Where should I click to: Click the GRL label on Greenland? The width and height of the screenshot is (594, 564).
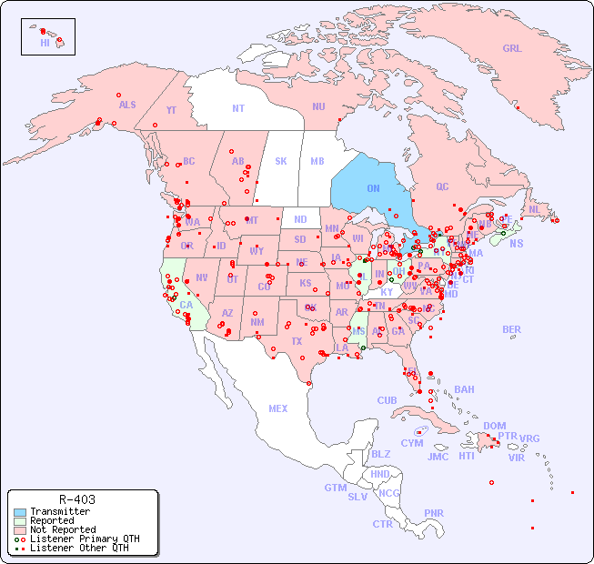click(512, 48)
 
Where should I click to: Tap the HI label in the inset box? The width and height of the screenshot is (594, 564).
click(45, 42)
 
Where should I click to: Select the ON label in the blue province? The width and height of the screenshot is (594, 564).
click(373, 188)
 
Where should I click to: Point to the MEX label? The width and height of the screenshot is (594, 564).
click(278, 408)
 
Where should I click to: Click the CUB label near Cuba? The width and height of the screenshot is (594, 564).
click(387, 400)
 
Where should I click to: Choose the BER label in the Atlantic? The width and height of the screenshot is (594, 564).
click(511, 329)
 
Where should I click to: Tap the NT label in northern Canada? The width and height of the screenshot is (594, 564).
click(238, 108)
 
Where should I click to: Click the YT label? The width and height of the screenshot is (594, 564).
click(171, 110)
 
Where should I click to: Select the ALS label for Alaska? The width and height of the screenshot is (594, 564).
click(127, 105)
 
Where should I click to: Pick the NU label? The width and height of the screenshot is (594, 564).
click(318, 106)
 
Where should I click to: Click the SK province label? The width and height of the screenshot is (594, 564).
click(281, 161)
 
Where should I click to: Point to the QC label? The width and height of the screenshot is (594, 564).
click(442, 186)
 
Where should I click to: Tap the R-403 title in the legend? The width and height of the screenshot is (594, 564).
click(76, 499)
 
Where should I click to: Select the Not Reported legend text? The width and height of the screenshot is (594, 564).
click(63, 529)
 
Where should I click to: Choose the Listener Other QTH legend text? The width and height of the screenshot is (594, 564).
click(78, 548)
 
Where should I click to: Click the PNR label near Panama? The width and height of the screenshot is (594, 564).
click(434, 513)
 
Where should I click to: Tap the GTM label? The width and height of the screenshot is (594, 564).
click(335, 488)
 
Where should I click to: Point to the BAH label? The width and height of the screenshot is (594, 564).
click(464, 389)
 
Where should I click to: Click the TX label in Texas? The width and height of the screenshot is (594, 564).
click(296, 341)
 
